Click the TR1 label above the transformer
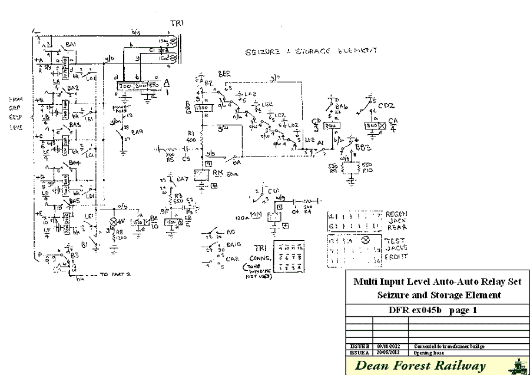coord(177,23)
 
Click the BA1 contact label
coord(70,45)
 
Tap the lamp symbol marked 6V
coord(115,223)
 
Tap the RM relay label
coord(217,173)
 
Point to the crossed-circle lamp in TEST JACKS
coord(365,240)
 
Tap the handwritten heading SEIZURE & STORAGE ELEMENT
coord(312,52)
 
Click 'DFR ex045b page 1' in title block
coord(437,310)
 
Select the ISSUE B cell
coord(359,346)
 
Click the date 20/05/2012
coord(390,351)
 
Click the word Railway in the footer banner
coord(463,366)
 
